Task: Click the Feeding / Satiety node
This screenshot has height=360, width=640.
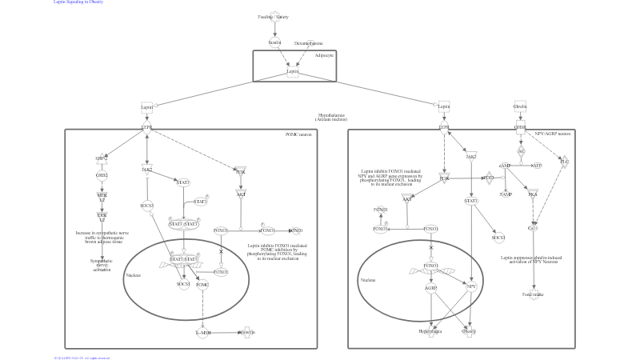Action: click(x=274, y=15)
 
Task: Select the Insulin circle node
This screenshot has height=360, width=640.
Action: click(x=274, y=42)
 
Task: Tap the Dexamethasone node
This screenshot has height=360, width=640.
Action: click(x=309, y=43)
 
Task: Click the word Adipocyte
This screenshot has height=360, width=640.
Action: click(x=324, y=55)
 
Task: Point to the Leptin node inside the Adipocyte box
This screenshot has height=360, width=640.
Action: click(x=293, y=71)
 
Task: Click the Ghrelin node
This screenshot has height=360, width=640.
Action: click(x=520, y=106)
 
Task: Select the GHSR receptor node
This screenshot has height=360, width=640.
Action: click(x=520, y=126)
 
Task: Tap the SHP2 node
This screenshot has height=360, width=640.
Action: click(x=102, y=158)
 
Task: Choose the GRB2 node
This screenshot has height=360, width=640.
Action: click(x=102, y=175)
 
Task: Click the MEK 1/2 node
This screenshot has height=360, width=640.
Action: click(x=102, y=196)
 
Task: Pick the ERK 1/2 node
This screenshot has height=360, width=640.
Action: click(x=102, y=217)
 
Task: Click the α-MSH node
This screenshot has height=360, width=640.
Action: click(x=202, y=332)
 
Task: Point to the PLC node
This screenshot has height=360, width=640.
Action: click(x=564, y=162)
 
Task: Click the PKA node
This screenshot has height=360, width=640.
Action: click(x=533, y=193)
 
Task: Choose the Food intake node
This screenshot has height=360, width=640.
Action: click(x=533, y=294)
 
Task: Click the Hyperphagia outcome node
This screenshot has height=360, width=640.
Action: click(x=431, y=330)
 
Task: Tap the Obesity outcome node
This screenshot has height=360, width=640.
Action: click(x=469, y=331)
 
